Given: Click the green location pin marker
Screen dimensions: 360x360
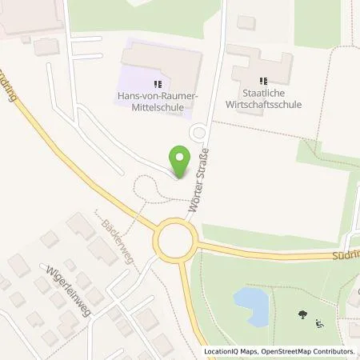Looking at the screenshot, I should pos(182,162).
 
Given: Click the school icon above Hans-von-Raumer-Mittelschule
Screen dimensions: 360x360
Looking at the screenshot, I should pos(158,82).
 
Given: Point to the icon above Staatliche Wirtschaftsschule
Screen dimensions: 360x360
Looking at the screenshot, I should pos(262,80).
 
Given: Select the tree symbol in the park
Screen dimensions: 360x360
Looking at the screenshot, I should pos(302,315).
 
